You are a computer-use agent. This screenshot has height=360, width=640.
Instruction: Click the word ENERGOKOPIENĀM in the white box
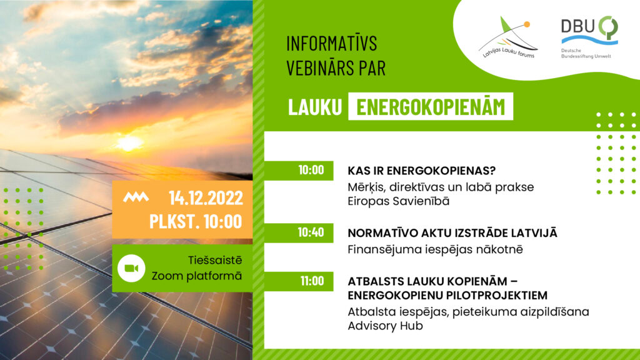(x=431, y=107)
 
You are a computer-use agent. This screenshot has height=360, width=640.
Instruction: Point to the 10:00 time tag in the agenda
(x=311, y=170)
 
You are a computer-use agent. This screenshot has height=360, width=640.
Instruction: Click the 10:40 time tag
(x=311, y=232)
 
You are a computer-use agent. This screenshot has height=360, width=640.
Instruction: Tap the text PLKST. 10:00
(x=195, y=221)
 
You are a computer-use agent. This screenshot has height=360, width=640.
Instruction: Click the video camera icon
(x=131, y=267)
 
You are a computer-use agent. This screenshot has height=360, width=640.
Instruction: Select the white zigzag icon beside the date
(x=136, y=198)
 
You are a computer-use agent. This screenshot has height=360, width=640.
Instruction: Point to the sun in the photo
(x=129, y=142)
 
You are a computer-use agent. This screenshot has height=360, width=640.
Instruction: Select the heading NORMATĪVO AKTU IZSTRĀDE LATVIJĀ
(x=452, y=233)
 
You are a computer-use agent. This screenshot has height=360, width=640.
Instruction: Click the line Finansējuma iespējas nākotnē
(x=435, y=249)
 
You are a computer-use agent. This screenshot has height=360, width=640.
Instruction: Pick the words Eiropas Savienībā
(x=398, y=201)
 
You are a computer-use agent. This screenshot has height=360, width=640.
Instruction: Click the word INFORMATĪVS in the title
(x=332, y=44)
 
